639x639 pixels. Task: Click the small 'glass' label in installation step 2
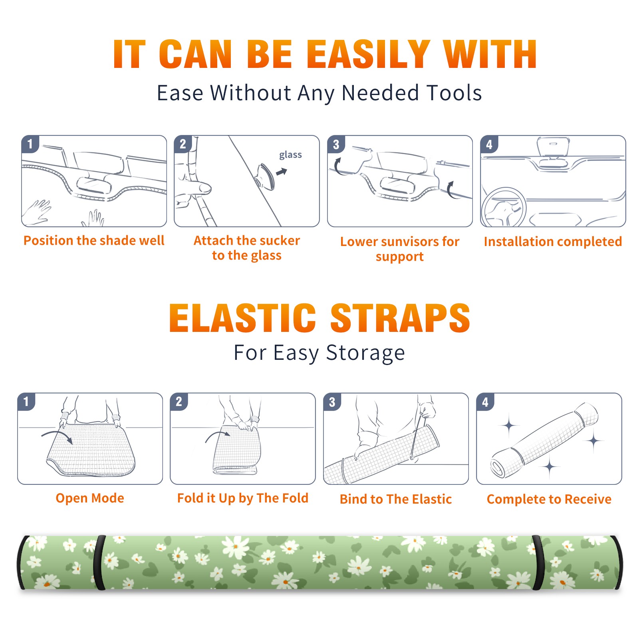290,155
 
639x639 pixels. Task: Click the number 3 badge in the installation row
336,144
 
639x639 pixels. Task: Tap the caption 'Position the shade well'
94,240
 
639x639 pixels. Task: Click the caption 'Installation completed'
553,241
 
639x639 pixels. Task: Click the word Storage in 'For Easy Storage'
365,353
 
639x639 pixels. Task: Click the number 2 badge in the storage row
179,402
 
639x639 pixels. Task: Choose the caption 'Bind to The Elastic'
395,499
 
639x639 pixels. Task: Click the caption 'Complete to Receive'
549,499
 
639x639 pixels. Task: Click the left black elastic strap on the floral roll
99,562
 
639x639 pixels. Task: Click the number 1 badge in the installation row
30,144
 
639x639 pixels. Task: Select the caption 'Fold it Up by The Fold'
243,498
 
